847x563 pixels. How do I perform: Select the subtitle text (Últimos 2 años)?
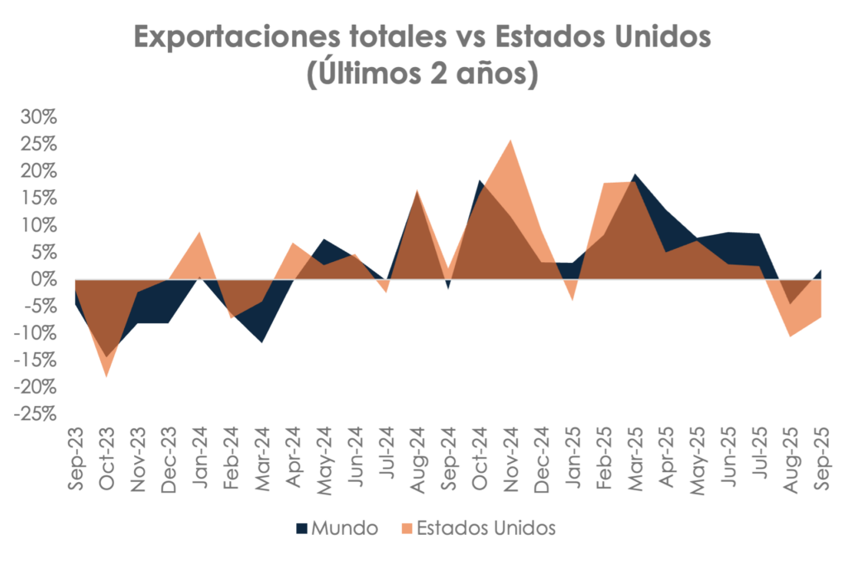point(423,74)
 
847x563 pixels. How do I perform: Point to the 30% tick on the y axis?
point(39,118)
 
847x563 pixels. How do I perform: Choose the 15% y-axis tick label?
point(39,198)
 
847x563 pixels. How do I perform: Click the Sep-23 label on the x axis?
point(75,459)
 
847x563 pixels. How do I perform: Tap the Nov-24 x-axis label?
point(510,459)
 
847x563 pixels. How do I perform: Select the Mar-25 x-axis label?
point(634,459)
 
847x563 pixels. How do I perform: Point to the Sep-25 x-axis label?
point(821,459)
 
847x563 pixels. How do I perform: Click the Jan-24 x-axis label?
point(199,459)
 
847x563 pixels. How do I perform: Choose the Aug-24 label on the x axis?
point(417,459)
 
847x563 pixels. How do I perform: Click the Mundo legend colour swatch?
point(302,527)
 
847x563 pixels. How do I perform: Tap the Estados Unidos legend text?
point(486,527)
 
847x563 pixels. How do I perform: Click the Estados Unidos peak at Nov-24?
point(510,141)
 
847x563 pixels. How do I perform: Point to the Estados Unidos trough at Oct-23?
point(106,375)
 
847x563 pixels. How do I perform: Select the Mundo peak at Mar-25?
point(634,175)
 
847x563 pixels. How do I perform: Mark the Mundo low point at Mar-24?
point(262,341)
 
